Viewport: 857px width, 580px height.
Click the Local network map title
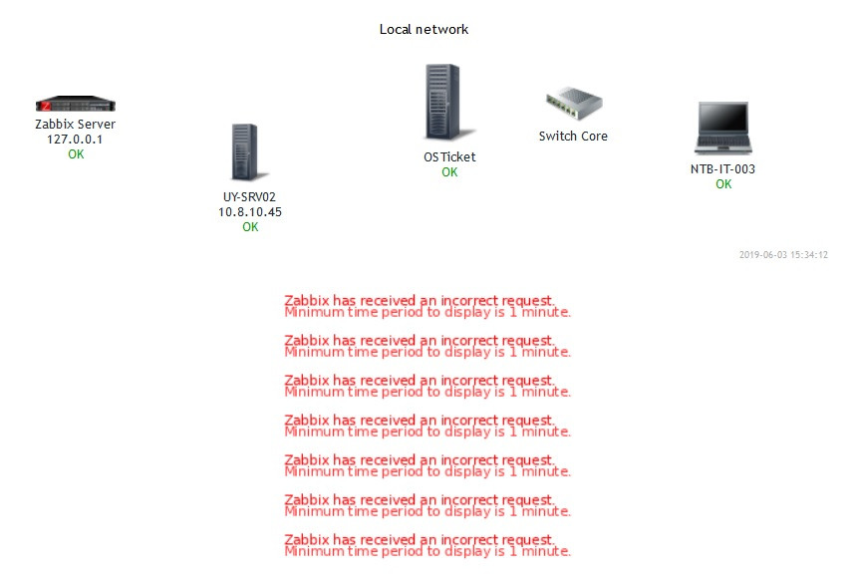pos(424,29)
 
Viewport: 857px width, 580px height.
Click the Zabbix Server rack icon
pos(76,105)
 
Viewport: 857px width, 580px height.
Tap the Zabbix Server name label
pos(76,124)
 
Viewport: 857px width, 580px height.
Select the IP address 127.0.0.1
pos(76,140)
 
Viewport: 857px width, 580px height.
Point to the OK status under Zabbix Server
pos(76,154)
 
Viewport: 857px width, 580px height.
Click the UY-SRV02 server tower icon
pos(244,151)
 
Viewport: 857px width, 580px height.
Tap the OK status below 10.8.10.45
pos(250,227)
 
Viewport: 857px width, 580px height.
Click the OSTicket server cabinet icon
pos(442,103)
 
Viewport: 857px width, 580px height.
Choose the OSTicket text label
pos(449,156)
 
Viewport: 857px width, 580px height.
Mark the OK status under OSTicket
pos(449,172)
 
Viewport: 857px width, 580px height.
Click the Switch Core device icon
pos(574,104)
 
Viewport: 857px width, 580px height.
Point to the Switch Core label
pos(573,136)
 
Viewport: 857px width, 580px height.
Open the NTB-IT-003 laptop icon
pos(722,127)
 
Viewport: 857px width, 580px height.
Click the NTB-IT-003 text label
pos(722,168)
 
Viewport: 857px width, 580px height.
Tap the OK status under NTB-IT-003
pos(723,184)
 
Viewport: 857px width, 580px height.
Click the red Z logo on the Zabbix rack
pos(45,104)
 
